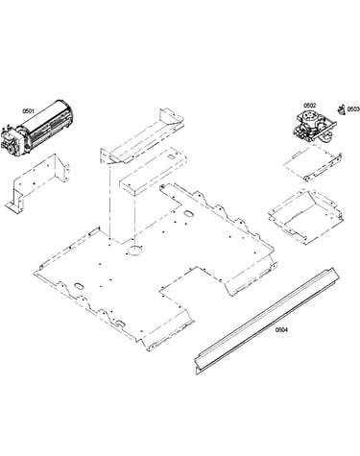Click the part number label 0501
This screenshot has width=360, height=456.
(28, 111)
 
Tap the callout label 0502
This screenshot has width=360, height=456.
(309, 105)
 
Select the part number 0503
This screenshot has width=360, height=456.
(353, 109)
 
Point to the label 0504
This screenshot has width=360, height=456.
(281, 329)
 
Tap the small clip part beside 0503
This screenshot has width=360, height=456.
(342, 109)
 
